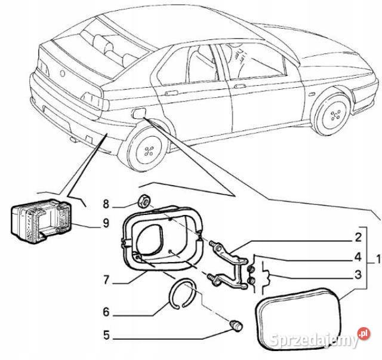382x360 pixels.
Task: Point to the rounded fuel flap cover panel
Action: [x=297, y=316]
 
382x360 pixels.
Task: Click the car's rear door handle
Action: [x=170, y=94]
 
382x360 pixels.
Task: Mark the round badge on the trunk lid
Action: [x=62, y=72]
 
